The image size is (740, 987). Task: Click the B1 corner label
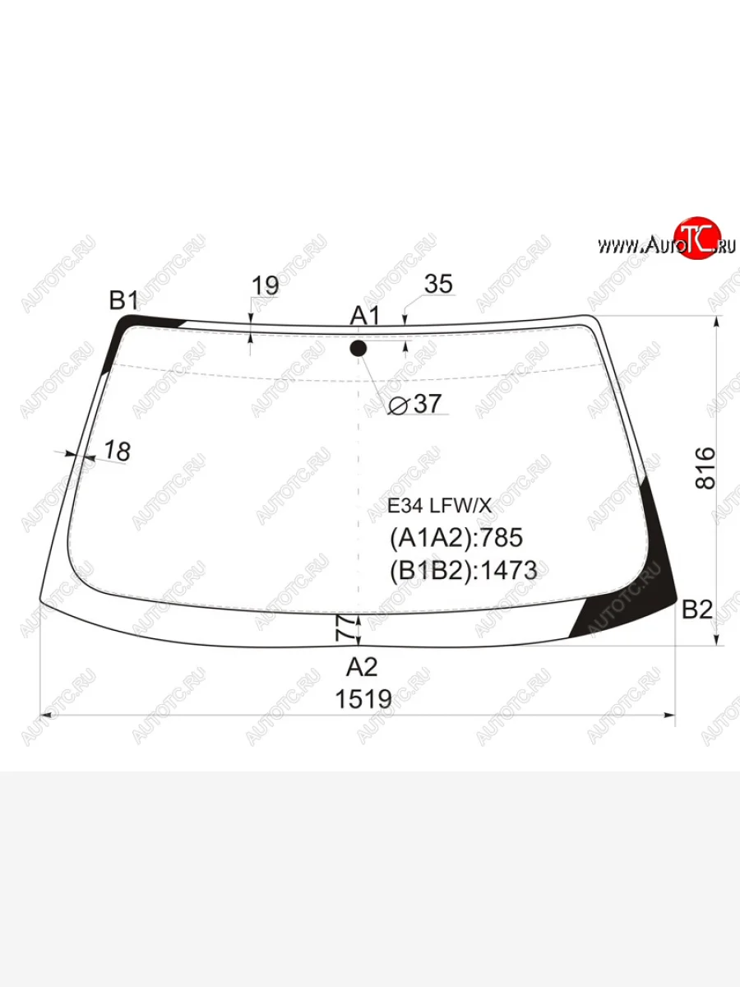click(x=123, y=300)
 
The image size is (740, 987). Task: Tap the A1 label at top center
click(x=365, y=315)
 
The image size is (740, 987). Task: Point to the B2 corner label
click(x=697, y=609)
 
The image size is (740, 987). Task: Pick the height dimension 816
click(x=705, y=468)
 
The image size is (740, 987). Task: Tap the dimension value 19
click(x=265, y=285)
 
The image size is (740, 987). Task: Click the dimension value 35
click(x=438, y=285)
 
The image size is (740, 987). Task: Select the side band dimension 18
click(x=118, y=451)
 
